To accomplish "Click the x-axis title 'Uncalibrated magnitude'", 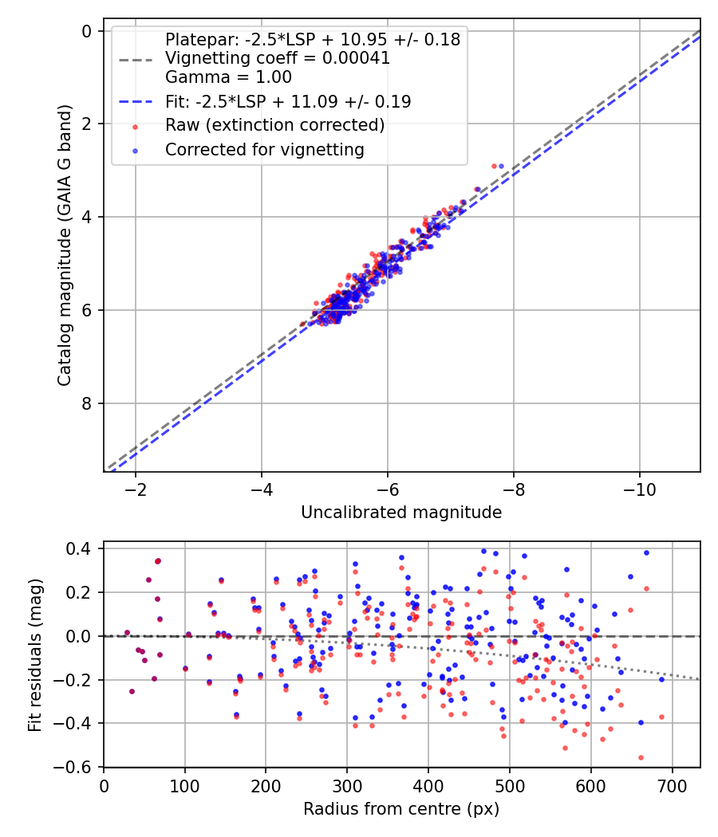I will pos(401,513).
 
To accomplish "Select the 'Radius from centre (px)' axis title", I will pos(401,808).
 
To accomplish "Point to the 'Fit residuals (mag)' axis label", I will pos(34,655).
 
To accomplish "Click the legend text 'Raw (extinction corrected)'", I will pos(274,125).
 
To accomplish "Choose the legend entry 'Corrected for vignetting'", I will pos(264,149).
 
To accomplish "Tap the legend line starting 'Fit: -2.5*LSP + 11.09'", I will pos(288,101).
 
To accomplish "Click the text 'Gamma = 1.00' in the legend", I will pos(228,77).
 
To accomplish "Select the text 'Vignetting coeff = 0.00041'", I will pos(277,58).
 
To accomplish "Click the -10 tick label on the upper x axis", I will pos(639,487).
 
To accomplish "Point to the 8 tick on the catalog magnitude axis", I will pos(86,403).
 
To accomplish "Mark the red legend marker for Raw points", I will pos(135,126).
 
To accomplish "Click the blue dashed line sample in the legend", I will pos(135,102).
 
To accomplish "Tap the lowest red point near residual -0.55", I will pos(641,757).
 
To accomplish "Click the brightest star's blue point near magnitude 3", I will pos(501,166).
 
